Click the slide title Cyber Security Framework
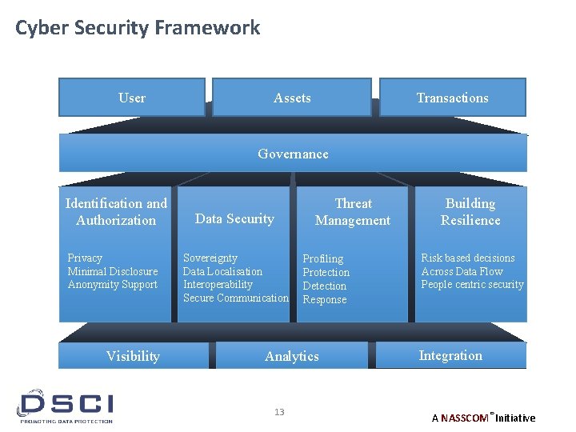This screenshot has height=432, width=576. point(138,28)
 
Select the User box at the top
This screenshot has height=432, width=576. point(132,98)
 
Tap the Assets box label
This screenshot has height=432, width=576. point(292,98)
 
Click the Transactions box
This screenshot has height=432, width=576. point(452,98)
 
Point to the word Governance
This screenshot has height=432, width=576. point(293,154)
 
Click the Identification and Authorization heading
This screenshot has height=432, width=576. point(116,212)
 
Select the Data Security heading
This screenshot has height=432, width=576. point(234,218)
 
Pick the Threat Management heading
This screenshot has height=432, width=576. point(353,212)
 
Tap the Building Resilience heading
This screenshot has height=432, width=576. point(470,212)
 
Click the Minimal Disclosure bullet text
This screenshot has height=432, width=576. point(113,271)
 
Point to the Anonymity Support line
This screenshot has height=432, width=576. point(113,285)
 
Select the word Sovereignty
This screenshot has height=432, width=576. point(210,258)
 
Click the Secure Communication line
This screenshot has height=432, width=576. point(236,298)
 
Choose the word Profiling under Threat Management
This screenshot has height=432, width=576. point(323,258)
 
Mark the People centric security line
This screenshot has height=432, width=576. point(472,285)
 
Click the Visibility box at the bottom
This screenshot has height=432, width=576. point(133,356)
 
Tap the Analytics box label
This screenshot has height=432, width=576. point(292,356)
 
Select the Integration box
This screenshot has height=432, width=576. point(450,355)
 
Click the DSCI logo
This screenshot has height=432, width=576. point(66,406)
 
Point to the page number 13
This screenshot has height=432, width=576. point(279,412)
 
